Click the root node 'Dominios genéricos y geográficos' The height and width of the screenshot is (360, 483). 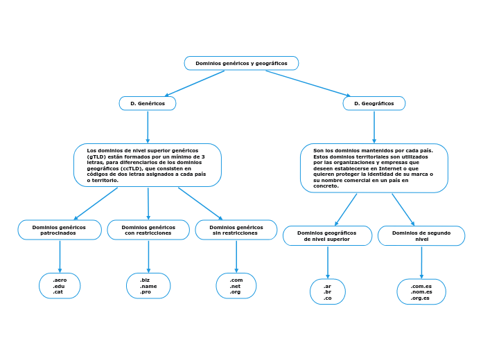coord(241,63)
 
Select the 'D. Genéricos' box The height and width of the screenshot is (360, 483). coord(148,103)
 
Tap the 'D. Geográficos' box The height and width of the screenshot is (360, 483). coord(374,103)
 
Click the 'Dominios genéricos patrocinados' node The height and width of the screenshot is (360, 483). coord(60,230)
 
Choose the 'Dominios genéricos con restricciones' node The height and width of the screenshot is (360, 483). coord(148,230)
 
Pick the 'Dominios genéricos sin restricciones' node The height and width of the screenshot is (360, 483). coord(236,230)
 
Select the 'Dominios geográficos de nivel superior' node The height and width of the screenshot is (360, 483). coord(327,235)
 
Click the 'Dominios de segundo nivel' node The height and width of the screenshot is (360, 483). coord(421,235)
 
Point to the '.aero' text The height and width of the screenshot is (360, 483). coord(60,280)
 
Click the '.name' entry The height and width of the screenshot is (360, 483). coord(148,286)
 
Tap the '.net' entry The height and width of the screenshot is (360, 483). coord(236,286)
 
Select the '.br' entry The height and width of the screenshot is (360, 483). coord(327,291)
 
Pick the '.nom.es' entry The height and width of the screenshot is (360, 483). coord(421,291)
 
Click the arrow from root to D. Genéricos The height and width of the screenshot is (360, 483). coord(194,84)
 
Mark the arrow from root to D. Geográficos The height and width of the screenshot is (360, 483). coord(308,83)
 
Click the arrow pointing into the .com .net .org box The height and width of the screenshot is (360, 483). coord(236,258)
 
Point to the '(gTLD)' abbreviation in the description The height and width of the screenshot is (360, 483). coord(98,156)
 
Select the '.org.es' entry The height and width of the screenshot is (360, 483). coord(421,298)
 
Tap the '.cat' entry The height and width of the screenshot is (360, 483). coord(58,292)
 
